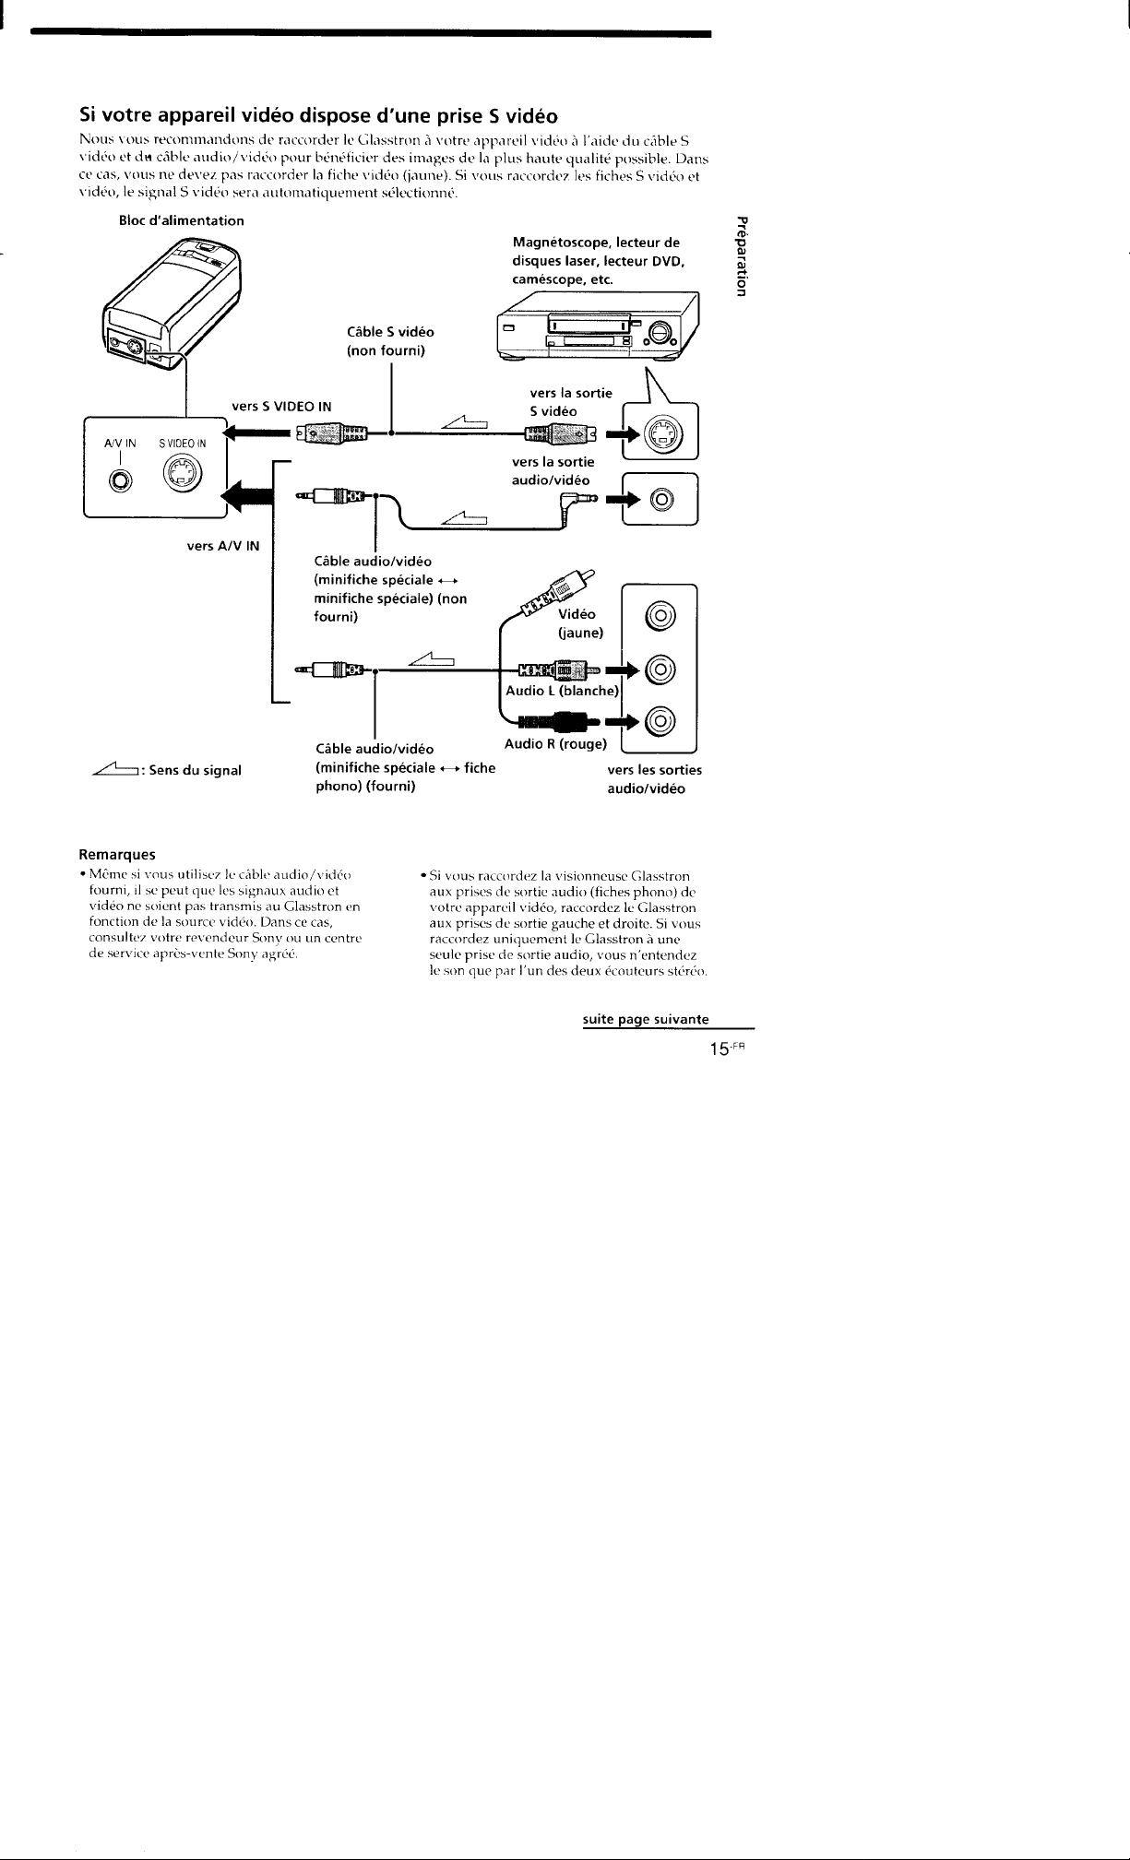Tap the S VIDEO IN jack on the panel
[x=180, y=476]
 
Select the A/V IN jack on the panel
[x=120, y=480]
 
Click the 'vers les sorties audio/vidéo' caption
[x=654, y=779]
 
